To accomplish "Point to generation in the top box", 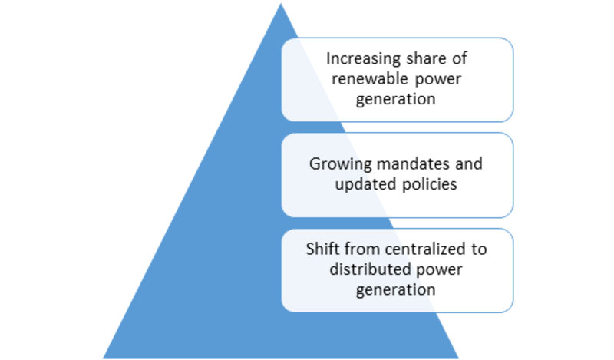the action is (x=395, y=100).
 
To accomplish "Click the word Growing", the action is (x=340, y=164).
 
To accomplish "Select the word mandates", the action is (x=413, y=163).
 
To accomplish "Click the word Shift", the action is (x=318, y=249).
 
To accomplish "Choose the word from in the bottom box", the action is (x=351, y=249).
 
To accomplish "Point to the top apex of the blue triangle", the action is (x=281, y=4).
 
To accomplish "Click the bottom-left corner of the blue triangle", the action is (x=104, y=358).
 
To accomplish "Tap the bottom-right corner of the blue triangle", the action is (x=458, y=358).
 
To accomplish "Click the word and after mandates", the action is (x=469, y=163).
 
